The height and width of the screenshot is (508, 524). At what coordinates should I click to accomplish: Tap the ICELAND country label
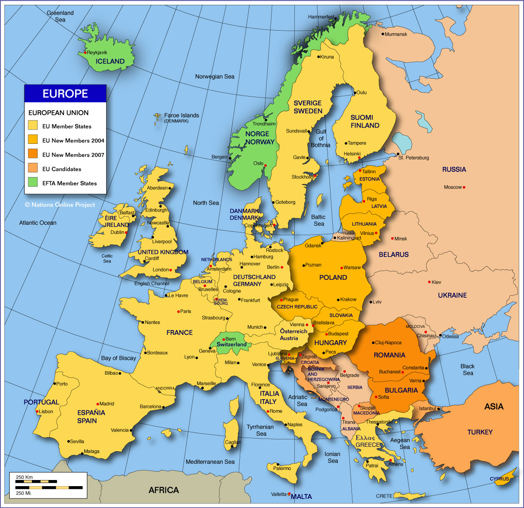(x=110, y=62)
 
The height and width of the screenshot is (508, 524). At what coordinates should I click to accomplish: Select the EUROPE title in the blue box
(x=65, y=94)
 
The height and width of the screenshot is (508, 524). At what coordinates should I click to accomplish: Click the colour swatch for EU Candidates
(x=33, y=168)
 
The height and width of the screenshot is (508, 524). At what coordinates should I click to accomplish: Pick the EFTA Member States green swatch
(x=33, y=182)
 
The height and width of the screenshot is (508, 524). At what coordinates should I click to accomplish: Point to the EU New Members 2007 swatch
(x=33, y=154)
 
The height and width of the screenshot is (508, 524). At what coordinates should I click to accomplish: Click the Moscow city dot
(x=464, y=188)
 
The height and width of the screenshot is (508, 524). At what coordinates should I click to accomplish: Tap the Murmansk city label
(x=396, y=34)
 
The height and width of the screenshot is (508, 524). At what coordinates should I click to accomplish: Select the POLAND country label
(x=333, y=278)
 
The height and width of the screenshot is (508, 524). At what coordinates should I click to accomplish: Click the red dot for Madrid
(x=97, y=404)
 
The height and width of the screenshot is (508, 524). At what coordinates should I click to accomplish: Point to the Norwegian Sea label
(x=214, y=77)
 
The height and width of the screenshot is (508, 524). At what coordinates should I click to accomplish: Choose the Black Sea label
(x=468, y=369)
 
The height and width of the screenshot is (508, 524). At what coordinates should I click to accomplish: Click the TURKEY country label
(x=480, y=432)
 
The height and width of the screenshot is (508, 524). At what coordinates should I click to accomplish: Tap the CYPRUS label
(x=499, y=479)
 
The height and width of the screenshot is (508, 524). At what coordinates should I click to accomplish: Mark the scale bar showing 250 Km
(x=48, y=487)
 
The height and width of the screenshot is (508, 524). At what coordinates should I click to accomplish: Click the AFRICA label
(x=164, y=490)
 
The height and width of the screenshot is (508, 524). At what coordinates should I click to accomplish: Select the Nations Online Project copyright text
(x=60, y=205)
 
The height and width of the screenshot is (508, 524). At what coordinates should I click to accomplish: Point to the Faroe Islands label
(x=181, y=115)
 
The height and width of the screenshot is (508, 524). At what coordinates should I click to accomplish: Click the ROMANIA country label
(x=389, y=355)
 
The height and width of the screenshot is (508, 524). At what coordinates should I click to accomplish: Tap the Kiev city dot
(x=429, y=282)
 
